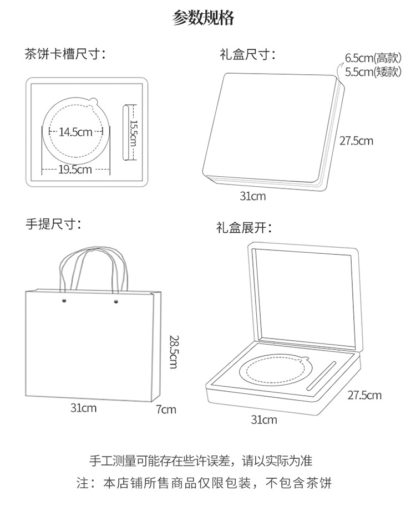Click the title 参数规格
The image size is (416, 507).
(x=203, y=19)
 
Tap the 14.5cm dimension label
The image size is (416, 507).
(x=76, y=132)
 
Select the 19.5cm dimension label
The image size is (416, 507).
(x=75, y=170)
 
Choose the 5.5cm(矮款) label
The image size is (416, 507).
(x=372, y=71)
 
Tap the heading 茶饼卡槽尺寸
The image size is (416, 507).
(x=65, y=54)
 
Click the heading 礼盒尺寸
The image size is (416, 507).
(x=247, y=55)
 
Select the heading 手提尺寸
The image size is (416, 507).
(x=53, y=224)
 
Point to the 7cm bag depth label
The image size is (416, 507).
(x=166, y=409)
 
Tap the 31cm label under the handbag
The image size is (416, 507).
(x=83, y=408)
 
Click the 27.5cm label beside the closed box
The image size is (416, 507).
(x=356, y=141)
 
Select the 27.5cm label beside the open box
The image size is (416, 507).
(x=364, y=395)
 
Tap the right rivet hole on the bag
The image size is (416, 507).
(x=116, y=303)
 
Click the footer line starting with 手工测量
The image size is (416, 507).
(x=201, y=460)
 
